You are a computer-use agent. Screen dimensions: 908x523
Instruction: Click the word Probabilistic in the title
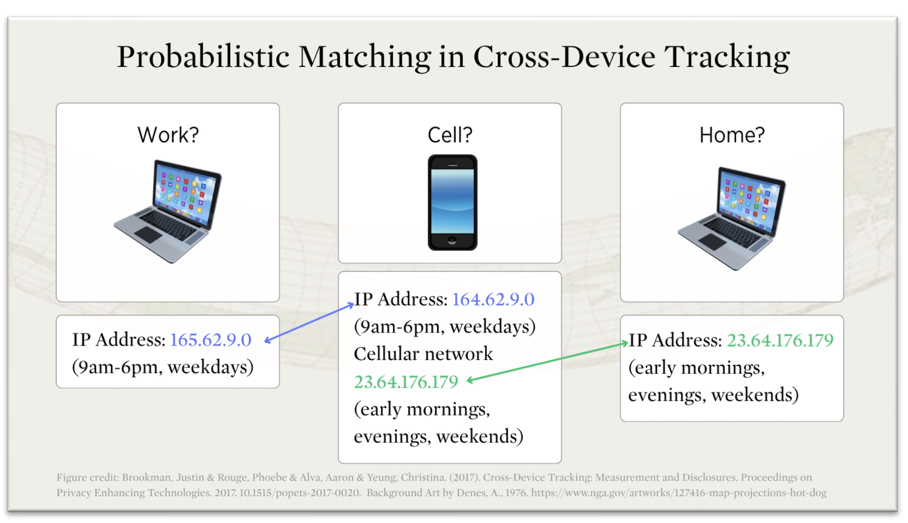(203, 56)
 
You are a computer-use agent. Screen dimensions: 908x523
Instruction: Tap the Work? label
(168, 135)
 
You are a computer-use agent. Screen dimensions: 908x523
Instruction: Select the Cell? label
(450, 135)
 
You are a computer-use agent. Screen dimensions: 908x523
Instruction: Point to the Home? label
(732, 135)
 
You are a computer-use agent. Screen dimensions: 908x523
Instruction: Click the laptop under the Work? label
(168, 211)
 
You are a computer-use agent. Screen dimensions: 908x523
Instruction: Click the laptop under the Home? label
(732, 218)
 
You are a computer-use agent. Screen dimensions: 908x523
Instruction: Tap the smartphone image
(452, 202)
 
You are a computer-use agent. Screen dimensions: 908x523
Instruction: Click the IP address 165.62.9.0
(211, 340)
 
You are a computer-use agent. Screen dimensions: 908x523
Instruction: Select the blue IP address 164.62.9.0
(493, 299)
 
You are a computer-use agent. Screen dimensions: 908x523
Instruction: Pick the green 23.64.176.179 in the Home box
(780, 341)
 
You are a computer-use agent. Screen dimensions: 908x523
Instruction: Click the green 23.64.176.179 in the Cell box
(406, 382)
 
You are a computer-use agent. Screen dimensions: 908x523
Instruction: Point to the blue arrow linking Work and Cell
(309, 322)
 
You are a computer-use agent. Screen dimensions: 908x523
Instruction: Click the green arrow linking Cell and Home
(547, 361)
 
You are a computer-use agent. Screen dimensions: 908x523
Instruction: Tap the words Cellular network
(423, 354)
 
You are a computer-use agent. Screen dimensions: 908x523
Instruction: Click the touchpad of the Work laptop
(148, 235)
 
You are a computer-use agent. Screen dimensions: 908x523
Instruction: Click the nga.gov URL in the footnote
(679, 493)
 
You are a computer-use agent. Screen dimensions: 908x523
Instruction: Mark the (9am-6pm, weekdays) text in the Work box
(163, 367)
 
